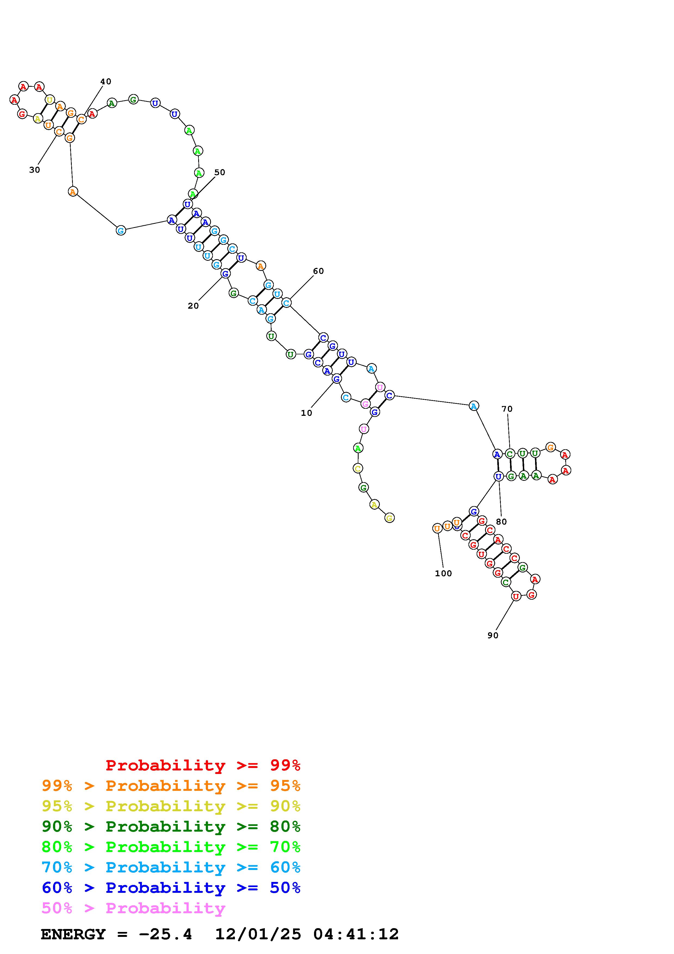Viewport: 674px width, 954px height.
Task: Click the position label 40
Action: tap(105, 81)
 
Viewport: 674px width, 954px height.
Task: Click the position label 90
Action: tap(493, 635)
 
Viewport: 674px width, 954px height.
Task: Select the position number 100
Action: tap(443, 573)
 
